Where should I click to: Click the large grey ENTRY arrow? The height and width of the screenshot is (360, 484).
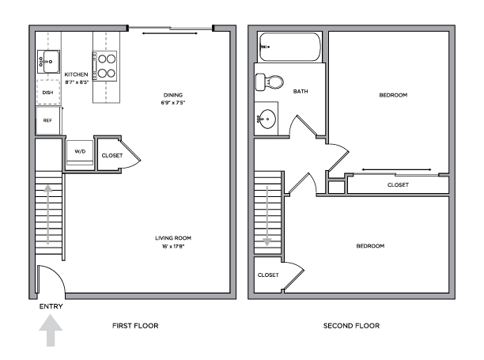pyautogui.click(x=51, y=331)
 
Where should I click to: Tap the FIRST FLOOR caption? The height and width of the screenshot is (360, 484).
pyautogui.click(x=135, y=326)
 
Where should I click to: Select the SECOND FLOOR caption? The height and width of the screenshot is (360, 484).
pyautogui.click(x=351, y=326)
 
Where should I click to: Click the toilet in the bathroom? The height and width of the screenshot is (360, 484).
pyautogui.click(x=270, y=82)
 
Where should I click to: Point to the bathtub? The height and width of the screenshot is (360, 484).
pyautogui.click(x=289, y=47)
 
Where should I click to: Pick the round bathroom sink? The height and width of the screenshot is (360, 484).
pyautogui.click(x=267, y=119)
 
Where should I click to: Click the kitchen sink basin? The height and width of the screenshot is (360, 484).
pyautogui.click(x=51, y=62)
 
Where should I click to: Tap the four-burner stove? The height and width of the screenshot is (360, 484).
pyautogui.click(x=104, y=66)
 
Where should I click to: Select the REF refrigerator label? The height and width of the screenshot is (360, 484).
pyautogui.click(x=47, y=120)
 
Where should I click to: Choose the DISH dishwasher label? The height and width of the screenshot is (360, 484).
pyautogui.click(x=47, y=93)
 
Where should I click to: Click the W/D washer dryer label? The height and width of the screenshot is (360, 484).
pyautogui.click(x=80, y=151)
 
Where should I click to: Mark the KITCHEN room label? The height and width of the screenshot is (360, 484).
pyautogui.click(x=76, y=74)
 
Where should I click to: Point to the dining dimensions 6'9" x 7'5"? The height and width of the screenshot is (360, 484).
pyautogui.click(x=173, y=103)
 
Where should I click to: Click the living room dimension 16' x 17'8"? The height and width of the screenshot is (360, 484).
pyautogui.click(x=173, y=246)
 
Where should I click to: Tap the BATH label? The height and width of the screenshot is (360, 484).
pyautogui.click(x=301, y=92)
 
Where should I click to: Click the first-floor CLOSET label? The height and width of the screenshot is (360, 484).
pyautogui.click(x=112, y=155)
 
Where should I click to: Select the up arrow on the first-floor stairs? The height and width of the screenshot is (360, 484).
pyautogui.click(x=47, y=214)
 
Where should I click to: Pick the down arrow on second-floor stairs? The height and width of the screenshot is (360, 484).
pyautogui.click(x=267, y=216)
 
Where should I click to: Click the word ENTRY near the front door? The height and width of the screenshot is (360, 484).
pyautogui.click(x=51, y=306)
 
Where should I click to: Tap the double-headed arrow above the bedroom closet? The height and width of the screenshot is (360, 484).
pyautogui.click(x=397, y=169)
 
